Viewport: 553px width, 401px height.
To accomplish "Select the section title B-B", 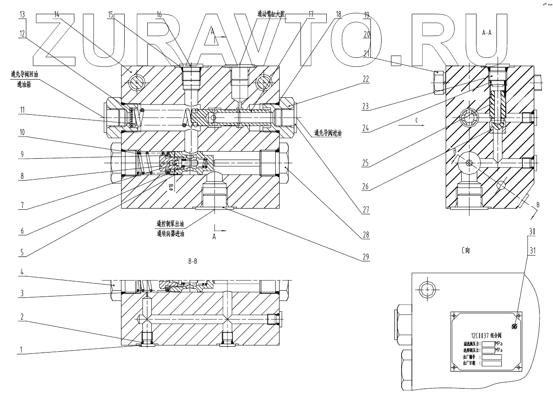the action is pyautogui.click(x=193, y=261).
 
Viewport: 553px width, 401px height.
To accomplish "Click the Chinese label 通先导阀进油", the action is pyautogui.click(x=327, y=132).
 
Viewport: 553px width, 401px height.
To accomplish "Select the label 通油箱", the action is pyautogui.click(x=21, y=83).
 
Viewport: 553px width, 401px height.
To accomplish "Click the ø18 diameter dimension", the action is pyautogui.click(x=171, y=184).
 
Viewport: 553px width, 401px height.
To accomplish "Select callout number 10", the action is pyautogui.click(x=21, y=132).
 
